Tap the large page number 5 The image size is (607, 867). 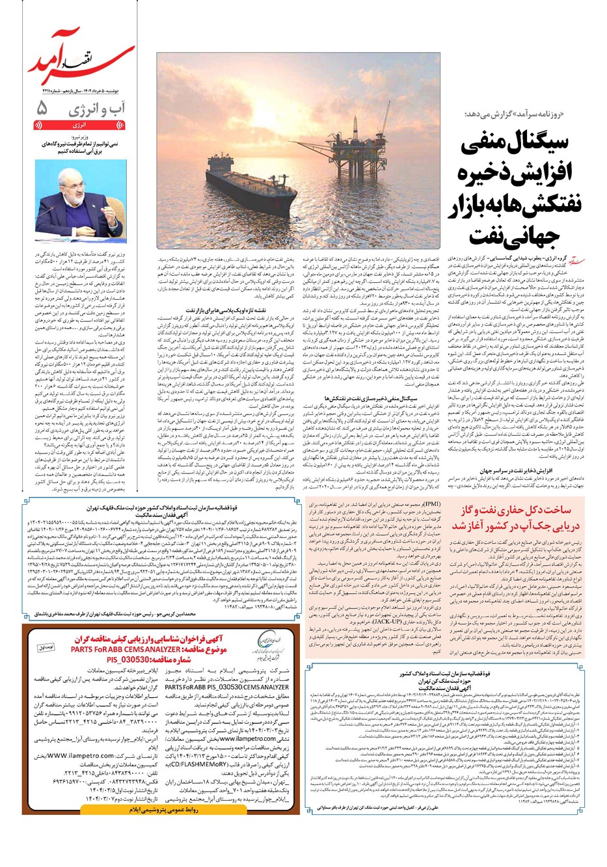43,108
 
